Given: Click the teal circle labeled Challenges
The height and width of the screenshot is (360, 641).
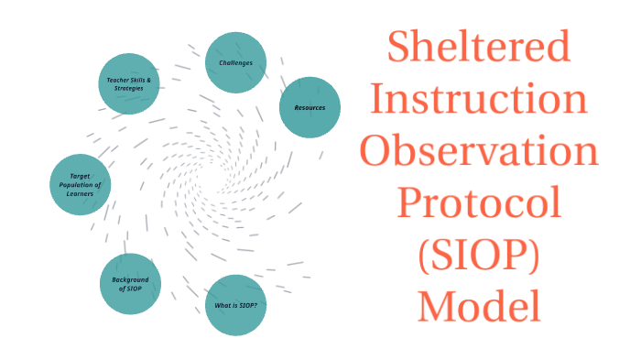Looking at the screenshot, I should coord(235,63).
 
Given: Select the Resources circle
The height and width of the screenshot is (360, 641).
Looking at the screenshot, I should coord(310,107).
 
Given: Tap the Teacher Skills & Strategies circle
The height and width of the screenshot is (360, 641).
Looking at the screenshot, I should coord(129,83).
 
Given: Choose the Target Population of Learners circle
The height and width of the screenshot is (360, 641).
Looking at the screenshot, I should coord(80,184).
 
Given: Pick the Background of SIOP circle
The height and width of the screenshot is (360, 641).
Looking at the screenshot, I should coord(130,284).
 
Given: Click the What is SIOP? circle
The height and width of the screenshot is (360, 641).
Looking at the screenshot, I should coord(235,305).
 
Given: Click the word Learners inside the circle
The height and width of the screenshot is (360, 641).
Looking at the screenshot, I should coord(79,193).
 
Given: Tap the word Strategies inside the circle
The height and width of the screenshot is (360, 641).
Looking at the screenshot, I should coord(130,89).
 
